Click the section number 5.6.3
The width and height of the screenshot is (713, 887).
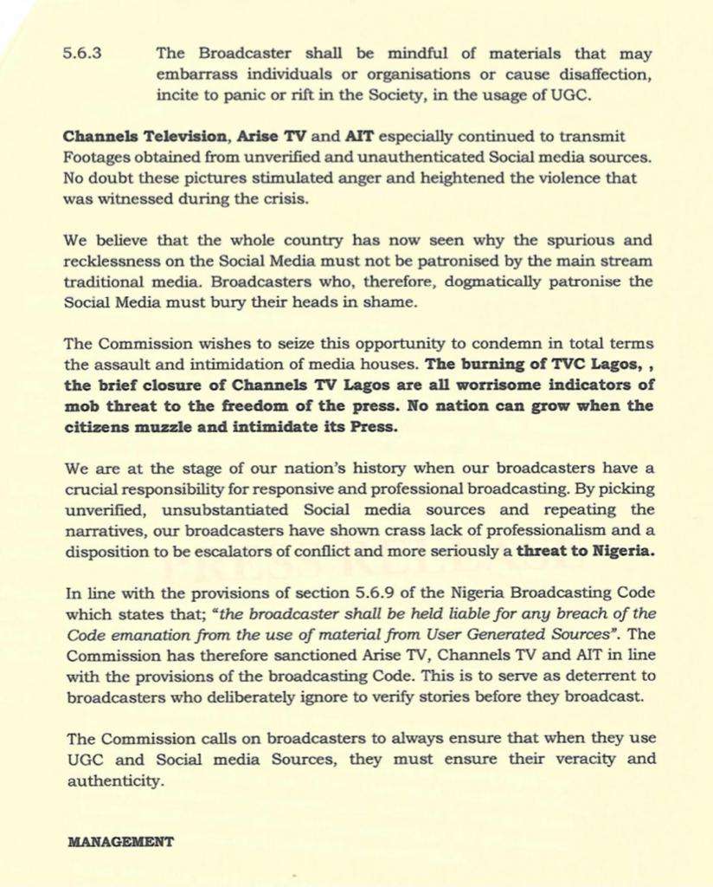tap(83, 53)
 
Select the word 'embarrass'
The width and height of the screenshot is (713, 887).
tap(190, 74)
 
